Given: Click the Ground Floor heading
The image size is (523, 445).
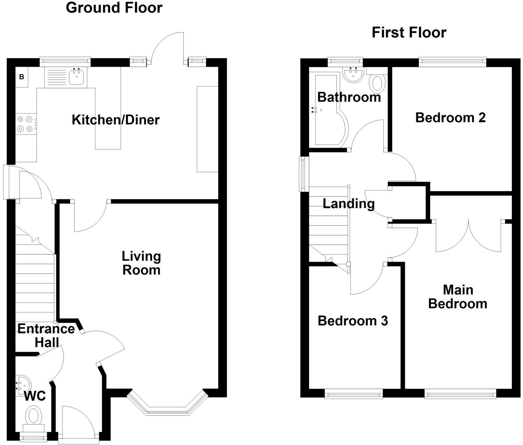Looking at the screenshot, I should coord(114,8).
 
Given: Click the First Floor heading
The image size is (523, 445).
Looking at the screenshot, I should coord(409,33).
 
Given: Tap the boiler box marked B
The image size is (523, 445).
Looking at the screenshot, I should coord(22,77).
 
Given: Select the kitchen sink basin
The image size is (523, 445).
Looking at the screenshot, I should coord(77,77).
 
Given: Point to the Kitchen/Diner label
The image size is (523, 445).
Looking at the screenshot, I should coord(116,120).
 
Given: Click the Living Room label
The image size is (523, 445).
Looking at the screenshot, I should coord(141,263).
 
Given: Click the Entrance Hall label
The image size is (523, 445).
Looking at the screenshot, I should coord(46,335).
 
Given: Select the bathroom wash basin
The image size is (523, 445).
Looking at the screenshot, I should coord(353,74).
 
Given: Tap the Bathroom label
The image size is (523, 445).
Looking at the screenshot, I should coord(349,97).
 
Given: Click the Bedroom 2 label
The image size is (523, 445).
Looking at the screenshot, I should coord(450,117).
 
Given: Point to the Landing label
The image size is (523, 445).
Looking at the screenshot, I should coord(349,204).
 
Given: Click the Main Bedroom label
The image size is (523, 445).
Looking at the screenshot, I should coord(458,297).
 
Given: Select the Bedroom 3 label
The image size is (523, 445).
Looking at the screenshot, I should coord(353,321).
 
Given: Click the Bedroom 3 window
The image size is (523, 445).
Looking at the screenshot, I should coord(354,395).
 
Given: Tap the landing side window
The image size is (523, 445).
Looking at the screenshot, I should coord(304,174).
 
